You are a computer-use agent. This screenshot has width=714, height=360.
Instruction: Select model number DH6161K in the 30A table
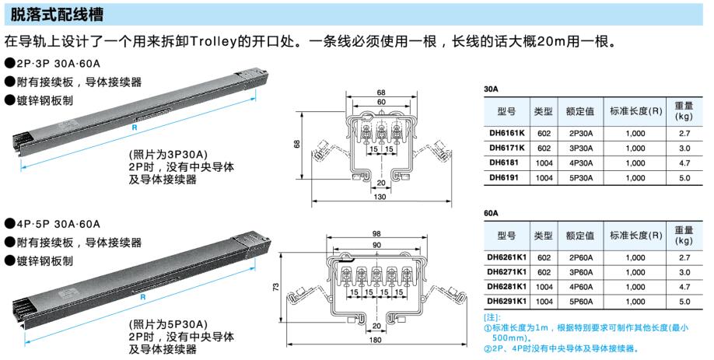point(506,133)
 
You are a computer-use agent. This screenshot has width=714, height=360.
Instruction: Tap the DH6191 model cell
point(506,177)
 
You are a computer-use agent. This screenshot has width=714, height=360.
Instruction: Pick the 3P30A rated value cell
point(580,148)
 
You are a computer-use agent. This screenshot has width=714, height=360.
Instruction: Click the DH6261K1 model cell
point(506,257)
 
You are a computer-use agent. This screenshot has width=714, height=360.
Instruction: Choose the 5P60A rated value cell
point(580,301)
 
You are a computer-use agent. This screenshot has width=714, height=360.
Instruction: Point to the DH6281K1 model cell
point(506,286)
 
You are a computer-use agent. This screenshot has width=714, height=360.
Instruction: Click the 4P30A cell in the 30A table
point(580,163)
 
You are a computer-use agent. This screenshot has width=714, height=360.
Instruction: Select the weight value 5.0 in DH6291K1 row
point(684,301)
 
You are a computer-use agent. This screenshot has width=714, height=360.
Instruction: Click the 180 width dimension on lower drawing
point(376,339)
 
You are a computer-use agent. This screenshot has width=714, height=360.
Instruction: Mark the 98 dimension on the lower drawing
point(377,234)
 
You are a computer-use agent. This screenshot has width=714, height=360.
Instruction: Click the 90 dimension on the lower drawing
point(377,245)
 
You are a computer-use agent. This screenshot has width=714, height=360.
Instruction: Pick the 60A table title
point(491,213)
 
